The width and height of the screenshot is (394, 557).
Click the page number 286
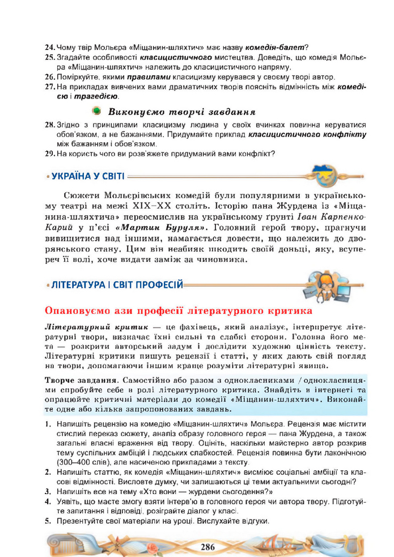[x=207, y=547]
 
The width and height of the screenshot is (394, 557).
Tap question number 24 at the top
[x=49, y=46]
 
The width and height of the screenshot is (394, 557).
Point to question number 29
[x=49, y=153]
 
